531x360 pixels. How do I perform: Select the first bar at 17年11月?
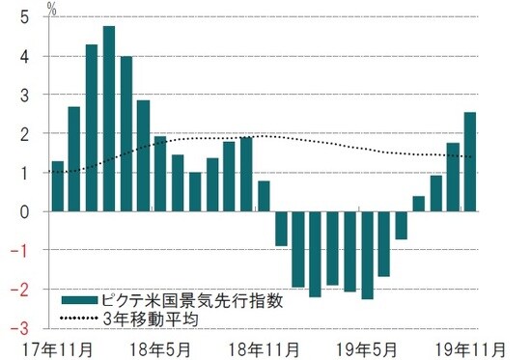click(x=57, y=186)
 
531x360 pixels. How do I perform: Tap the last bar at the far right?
click(x=469, y=162)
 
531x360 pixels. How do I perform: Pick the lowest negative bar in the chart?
click(x=367, y=255)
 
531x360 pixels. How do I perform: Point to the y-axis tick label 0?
click(x=22, y=211)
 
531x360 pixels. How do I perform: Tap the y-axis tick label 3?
click(x=22, y=95)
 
